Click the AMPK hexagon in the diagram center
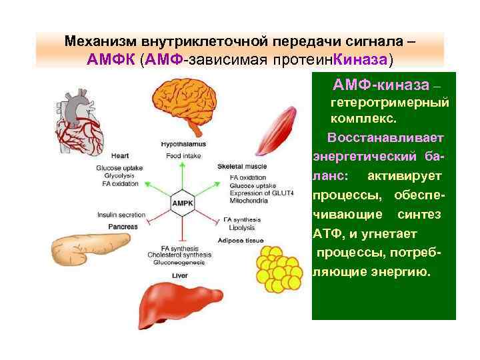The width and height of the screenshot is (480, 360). click(x=183, y=202)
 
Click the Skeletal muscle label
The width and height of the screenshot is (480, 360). click(x=241, y=166)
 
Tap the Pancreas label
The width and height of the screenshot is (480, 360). click(x=124, y=227)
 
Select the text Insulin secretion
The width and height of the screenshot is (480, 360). click(x=121, y=215)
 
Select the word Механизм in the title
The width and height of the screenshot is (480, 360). click(x=101, y=41)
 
